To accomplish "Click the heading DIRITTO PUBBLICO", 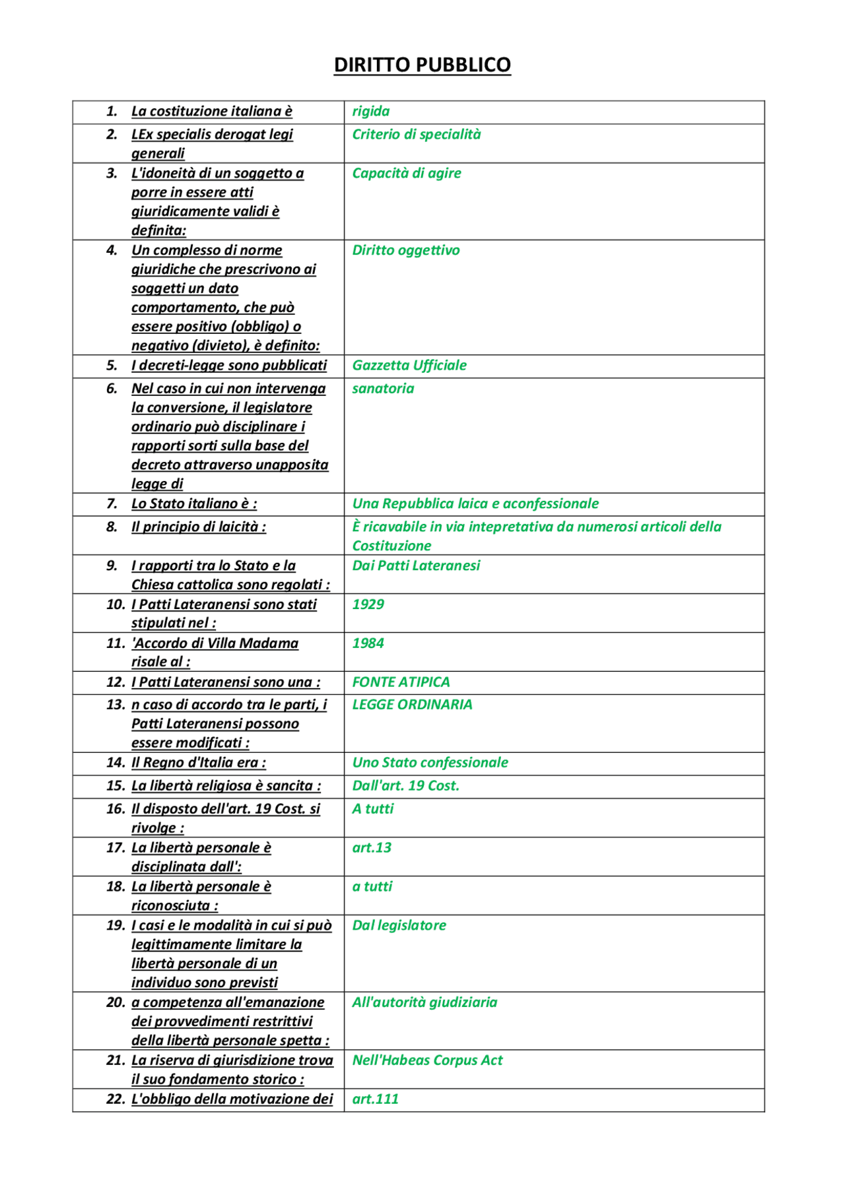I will [422, 65].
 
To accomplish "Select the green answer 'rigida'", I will [370, 112].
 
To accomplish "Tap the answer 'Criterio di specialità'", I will [416, 135].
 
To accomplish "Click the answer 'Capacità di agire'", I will [406, 174].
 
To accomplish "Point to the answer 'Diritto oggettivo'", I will [405, 251].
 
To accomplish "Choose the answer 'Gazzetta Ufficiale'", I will [409, 366].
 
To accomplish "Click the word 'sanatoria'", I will [383, 389].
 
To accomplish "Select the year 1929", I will [368, 604].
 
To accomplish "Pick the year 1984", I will [368, 643].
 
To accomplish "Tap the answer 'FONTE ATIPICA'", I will [401, 682].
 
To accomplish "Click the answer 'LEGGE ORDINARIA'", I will [412, 705].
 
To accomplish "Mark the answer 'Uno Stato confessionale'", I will [430, 763].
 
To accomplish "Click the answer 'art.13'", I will [372, 848].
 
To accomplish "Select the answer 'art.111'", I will [375, 1099].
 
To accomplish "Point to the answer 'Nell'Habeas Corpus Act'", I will [427, 1060].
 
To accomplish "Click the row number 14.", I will [115, 763].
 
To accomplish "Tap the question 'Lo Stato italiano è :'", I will [194, 504].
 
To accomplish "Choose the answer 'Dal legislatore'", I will [399, 926].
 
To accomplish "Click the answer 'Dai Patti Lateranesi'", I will [416, 566].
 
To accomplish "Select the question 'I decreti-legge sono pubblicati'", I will [229, 366].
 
